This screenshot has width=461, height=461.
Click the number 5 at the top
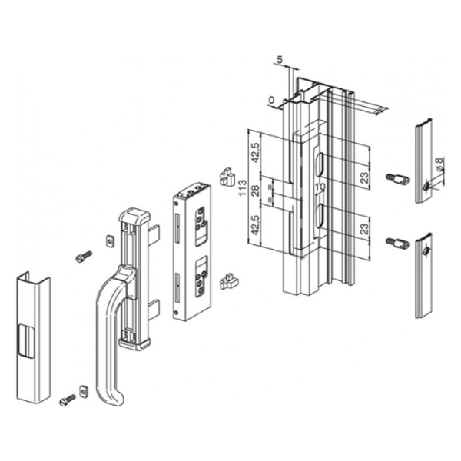[280, 58]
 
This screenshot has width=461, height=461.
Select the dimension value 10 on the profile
[319, 187]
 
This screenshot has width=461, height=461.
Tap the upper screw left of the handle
[83, 257]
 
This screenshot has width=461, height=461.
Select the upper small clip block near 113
[226, 177]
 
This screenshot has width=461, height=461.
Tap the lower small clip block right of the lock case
[227, 281]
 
